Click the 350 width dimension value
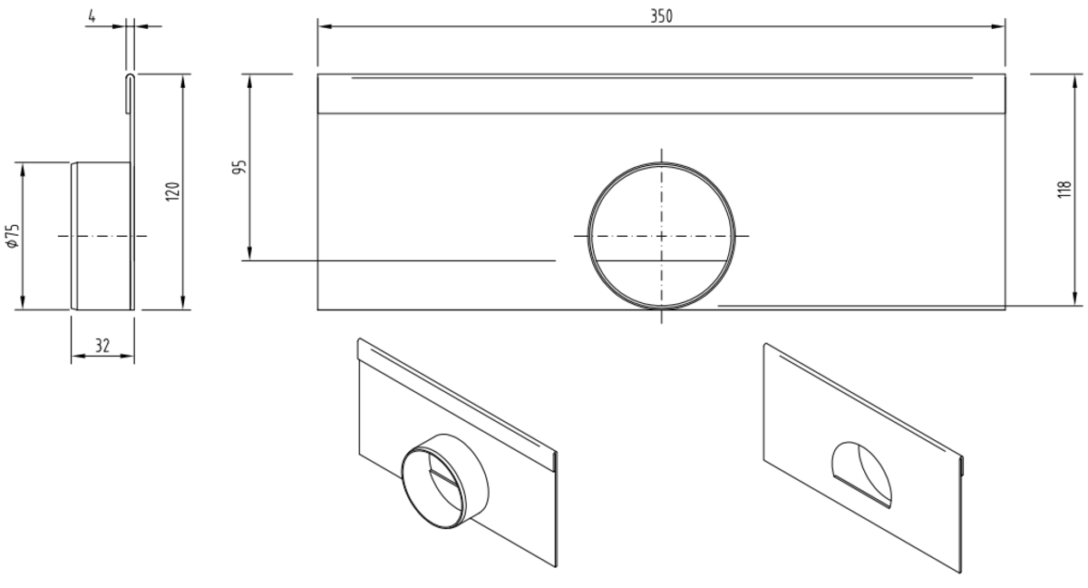(662, 16)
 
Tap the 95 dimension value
(240, 167)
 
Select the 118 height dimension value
(1064, 189)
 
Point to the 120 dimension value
(172, 191)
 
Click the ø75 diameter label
(13, 236)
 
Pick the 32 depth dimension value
(102, 346)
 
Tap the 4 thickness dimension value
(92, 16)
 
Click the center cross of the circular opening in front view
(661, 236)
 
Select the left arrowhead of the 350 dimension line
(325, 26)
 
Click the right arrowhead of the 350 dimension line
(998, 26)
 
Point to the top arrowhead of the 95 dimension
(249, 82)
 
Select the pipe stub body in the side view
(101, 236)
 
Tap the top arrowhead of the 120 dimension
(182, 82)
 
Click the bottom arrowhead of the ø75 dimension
(22, 302)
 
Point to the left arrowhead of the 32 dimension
(78, 357)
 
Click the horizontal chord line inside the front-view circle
(661, 261)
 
